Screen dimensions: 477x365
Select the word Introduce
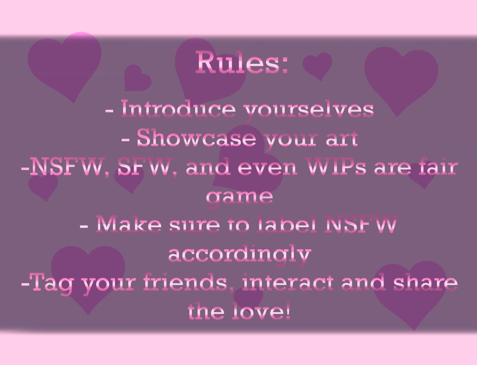[x=178, y=109]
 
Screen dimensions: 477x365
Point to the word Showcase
[x=196, y=138]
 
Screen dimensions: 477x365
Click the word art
[x=342, y=139]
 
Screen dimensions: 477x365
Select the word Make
[x=128, y=224]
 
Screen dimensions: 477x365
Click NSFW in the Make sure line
[x=361, y=224]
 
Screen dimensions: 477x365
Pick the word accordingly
[x=239, y=255]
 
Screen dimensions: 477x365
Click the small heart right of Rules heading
[x=318, y=65]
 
